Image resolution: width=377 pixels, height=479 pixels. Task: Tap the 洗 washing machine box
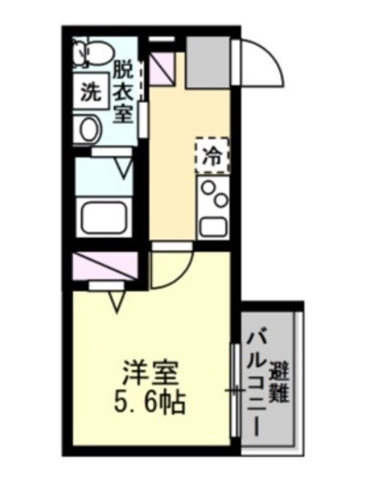point(90,93)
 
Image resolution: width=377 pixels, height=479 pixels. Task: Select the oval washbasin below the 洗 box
point(88,129)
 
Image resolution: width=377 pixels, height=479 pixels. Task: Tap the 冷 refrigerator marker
point(212,155)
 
